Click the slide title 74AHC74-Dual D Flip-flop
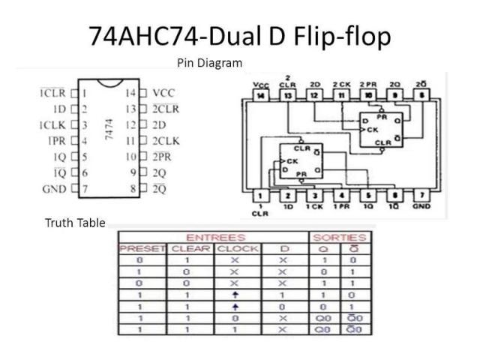tap(240, 36)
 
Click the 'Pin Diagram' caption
tap(209, 63)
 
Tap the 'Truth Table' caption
tap(75, 223)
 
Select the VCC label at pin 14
tap(163, 94)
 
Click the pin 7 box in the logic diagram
tap(423, 196)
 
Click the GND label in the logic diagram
tap(422, 205)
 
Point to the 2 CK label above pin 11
tap(341, 85)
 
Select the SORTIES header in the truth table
tap(340, 237)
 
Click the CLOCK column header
tap(238, 248)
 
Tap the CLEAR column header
tap(190, 248)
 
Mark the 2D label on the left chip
tap(159, 125)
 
